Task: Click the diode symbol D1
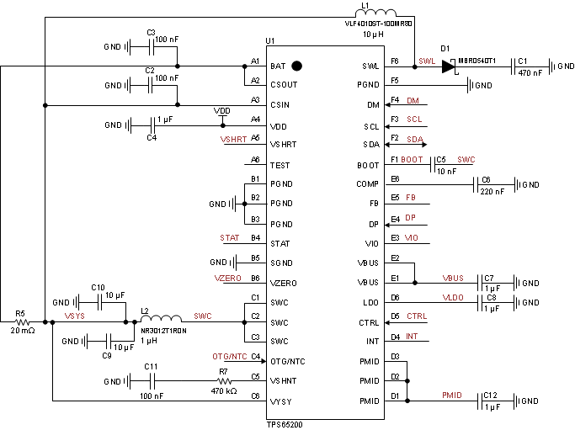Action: (447, 65)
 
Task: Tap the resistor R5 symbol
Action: (21, 321)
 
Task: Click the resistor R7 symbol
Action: (223, 381)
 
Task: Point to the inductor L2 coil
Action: (161, 321)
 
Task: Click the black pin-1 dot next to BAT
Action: (296, 65)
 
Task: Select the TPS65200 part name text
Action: (284, 425)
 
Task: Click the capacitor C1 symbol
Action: (514, 65)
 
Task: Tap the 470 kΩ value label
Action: (223, 392)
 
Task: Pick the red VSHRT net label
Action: (232, 139)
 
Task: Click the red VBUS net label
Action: (454, 277)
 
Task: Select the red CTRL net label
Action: (417, 316)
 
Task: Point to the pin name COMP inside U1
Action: (368, 184)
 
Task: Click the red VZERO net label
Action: (229, 277)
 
